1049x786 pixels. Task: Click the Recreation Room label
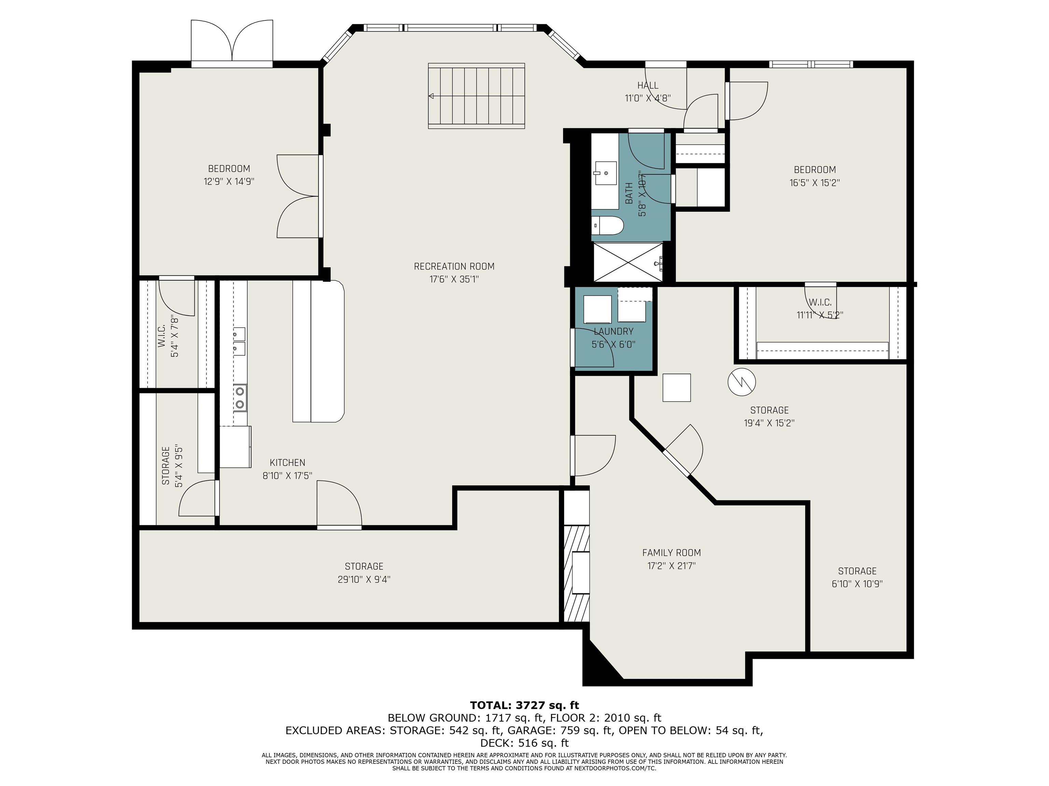tap(454, 266)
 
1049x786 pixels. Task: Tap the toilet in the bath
tap(607, 225)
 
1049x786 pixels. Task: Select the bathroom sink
tap(604, 173)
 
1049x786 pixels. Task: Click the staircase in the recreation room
tap(477, 96)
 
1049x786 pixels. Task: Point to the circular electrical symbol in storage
tap(741, 382)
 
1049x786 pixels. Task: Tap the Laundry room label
tap(613, 332)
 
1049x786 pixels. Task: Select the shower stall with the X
tap(628, 262)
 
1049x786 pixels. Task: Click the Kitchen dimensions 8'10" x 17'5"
tap(288, 476)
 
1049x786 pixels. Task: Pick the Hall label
tap(648, 85)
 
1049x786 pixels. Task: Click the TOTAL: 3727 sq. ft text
tap(524, 705)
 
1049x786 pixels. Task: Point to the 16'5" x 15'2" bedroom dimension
tap(815, 183)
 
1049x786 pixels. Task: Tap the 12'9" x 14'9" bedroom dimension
tap(229, 181)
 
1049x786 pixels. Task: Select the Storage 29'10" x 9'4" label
tap(364, 572)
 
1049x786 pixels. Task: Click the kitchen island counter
tap(319, 351)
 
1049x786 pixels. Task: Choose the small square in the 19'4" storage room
tap(676, 388)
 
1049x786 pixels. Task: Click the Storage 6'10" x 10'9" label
tap(857, 578)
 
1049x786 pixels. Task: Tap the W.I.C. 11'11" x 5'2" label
tap(820, 308)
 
